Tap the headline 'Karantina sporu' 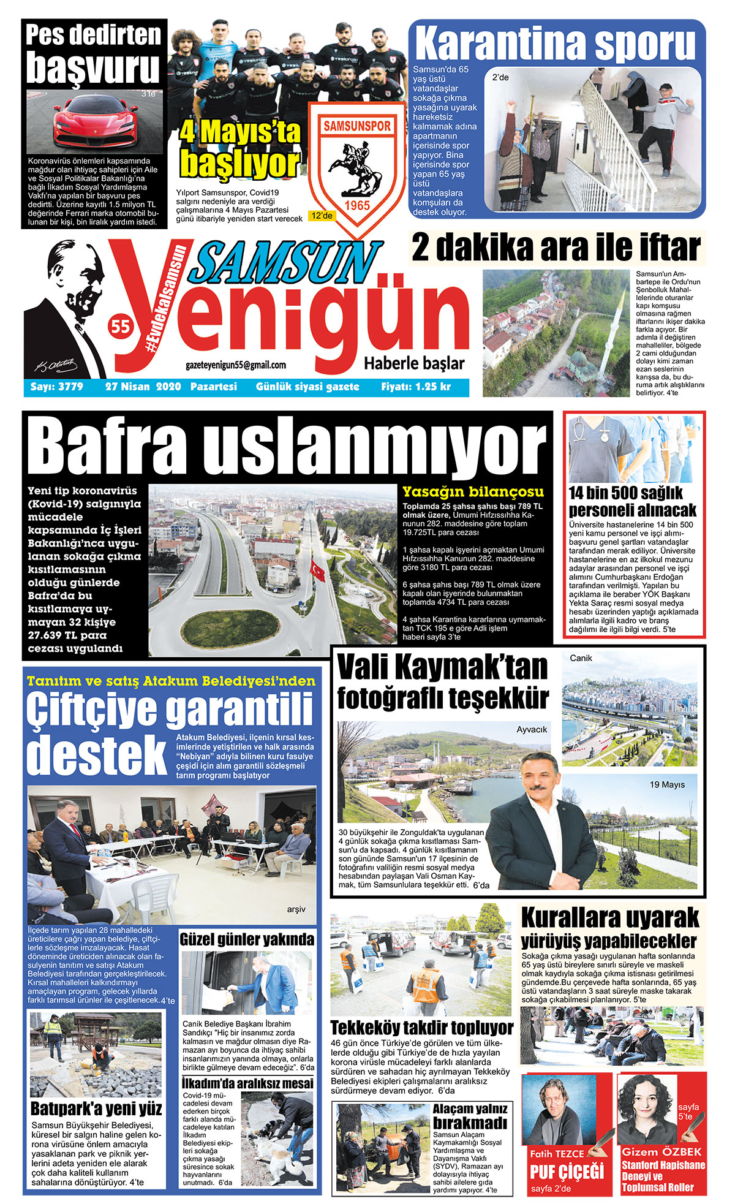pyautogui.click(x=556, y=44)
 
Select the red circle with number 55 pyautogui.click(x=121, y=327)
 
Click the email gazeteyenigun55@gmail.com pyautogui.click(x=236, y=365)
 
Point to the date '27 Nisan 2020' pyautogui.click(x=143, y=387)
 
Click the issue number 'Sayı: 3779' pyautogui.click(x=57, y=387)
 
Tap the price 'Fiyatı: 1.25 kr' pyautogui.click(x=416, y=387)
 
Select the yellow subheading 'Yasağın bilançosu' pyautogui.click(x=473, y=491)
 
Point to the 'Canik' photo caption pyautogui.click(x=581, y=658)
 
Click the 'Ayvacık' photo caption pyautogui.click(x=532, y=729)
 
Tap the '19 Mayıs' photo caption pyautogui.click(x=667, y=784)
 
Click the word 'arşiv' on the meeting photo pyautogui.click(x=296, y=909)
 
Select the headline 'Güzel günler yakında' pyautogui.click(x=247, y=939)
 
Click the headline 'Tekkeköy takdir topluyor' pyautogui.click(x=422, y=1028)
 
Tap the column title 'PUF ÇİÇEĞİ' pyautogui.click(x=567, y=1171)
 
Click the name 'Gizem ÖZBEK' pyautogui.click(x=661, y=1151)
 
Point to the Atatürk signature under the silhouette pyautogui.click(x=56, y=365)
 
